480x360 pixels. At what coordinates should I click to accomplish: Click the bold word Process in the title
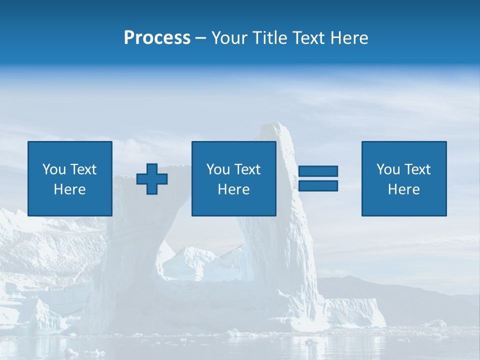click(x=157, y=38)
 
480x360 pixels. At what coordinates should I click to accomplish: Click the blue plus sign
click(x=152, y=179)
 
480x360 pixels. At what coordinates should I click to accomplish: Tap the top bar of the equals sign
click(x=318, y=171)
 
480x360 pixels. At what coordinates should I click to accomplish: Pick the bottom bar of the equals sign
click(x=318, y=185)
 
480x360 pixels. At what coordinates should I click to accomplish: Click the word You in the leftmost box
click(x=54, y=169)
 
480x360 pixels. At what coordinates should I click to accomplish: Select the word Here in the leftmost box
click(x=69, y=189)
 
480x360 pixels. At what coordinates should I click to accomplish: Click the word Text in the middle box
click(x=247, y=169)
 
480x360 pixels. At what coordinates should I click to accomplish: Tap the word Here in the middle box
click(x=233, y=189)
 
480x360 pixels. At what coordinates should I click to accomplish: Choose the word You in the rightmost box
click(x=388, y=169)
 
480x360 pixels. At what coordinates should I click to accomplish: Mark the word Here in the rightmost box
click(x=403, y=189)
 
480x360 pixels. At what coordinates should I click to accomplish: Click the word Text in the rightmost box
click(x=417, y=169)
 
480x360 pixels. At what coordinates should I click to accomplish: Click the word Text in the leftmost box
click(x=83, y=169)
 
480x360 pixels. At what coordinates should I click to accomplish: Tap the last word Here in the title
click(x=349, y=38)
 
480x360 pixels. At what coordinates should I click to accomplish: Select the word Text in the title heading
click(x=307, y=38)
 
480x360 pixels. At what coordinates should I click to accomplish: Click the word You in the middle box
click(x=218, y=169)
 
